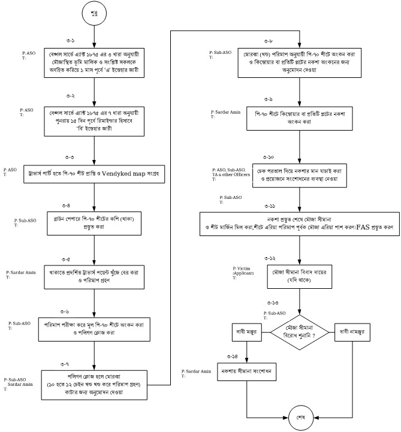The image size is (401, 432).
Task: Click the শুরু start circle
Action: (x=94, y=13)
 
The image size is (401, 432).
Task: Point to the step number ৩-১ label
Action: (x=71, y=40)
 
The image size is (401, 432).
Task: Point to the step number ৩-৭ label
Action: (x=65, y=364)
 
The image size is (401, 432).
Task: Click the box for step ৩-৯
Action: (x=300, y=118)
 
